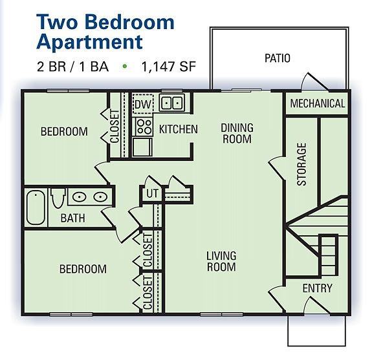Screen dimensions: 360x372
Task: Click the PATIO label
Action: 277,58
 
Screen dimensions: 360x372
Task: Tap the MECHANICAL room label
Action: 317,104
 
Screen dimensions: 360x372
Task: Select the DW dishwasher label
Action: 142,104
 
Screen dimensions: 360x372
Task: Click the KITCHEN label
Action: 178,129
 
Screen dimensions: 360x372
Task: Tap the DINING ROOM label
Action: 237,133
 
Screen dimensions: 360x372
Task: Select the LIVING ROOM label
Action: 221,261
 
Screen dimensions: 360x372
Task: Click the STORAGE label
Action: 302,164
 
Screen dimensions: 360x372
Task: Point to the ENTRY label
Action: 317,288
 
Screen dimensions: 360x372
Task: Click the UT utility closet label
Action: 152,193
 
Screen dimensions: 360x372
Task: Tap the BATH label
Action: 72,218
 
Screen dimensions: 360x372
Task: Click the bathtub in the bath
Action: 35,207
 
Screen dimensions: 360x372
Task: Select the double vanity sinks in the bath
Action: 88,197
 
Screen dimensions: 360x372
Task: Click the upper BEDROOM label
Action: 64,132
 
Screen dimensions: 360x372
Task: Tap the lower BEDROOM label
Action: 83,269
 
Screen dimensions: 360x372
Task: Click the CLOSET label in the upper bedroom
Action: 115,127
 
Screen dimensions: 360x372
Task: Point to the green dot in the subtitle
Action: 125,67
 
